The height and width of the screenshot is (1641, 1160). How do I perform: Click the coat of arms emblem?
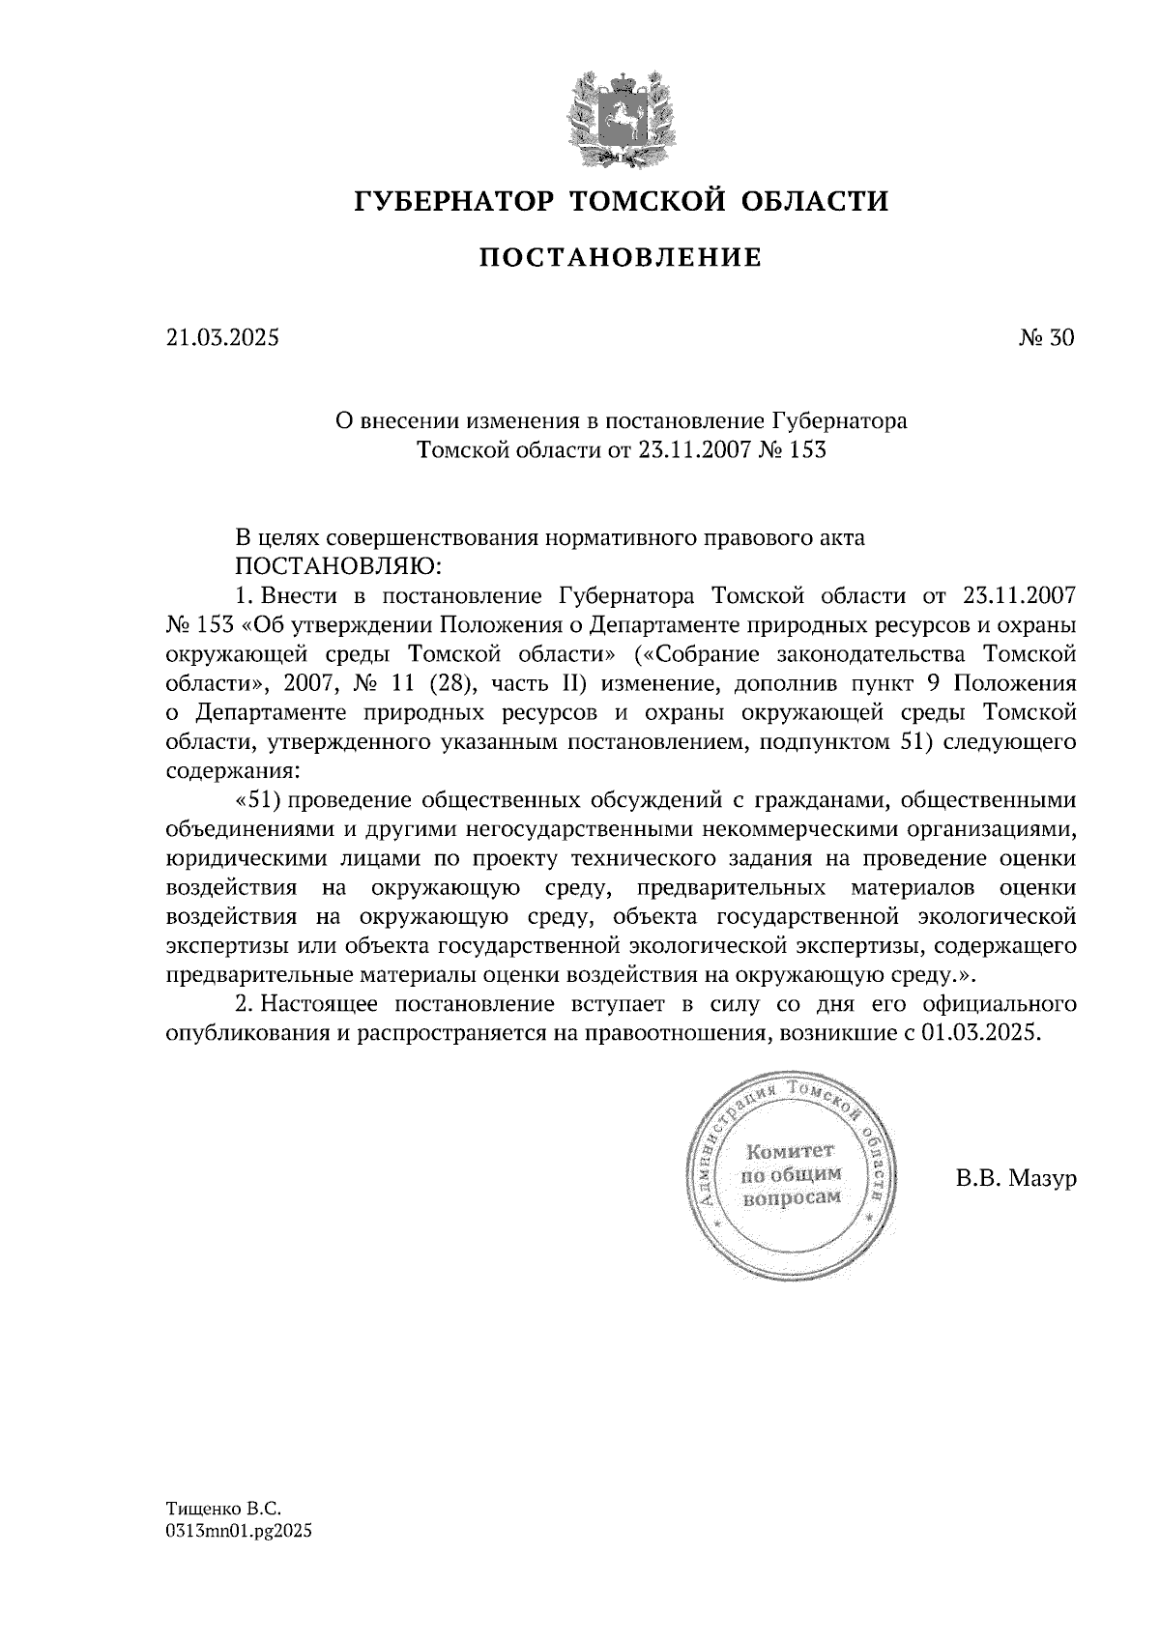point(621,115)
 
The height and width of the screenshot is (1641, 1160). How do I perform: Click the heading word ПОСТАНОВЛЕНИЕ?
point(621,258)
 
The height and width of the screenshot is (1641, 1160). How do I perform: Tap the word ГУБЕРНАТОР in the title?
point(454,201)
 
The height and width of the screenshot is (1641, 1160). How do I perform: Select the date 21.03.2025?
point(221,338)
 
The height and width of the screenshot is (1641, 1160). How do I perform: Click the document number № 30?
point(1045,338)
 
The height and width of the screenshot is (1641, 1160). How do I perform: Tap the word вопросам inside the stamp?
point(790,1197)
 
